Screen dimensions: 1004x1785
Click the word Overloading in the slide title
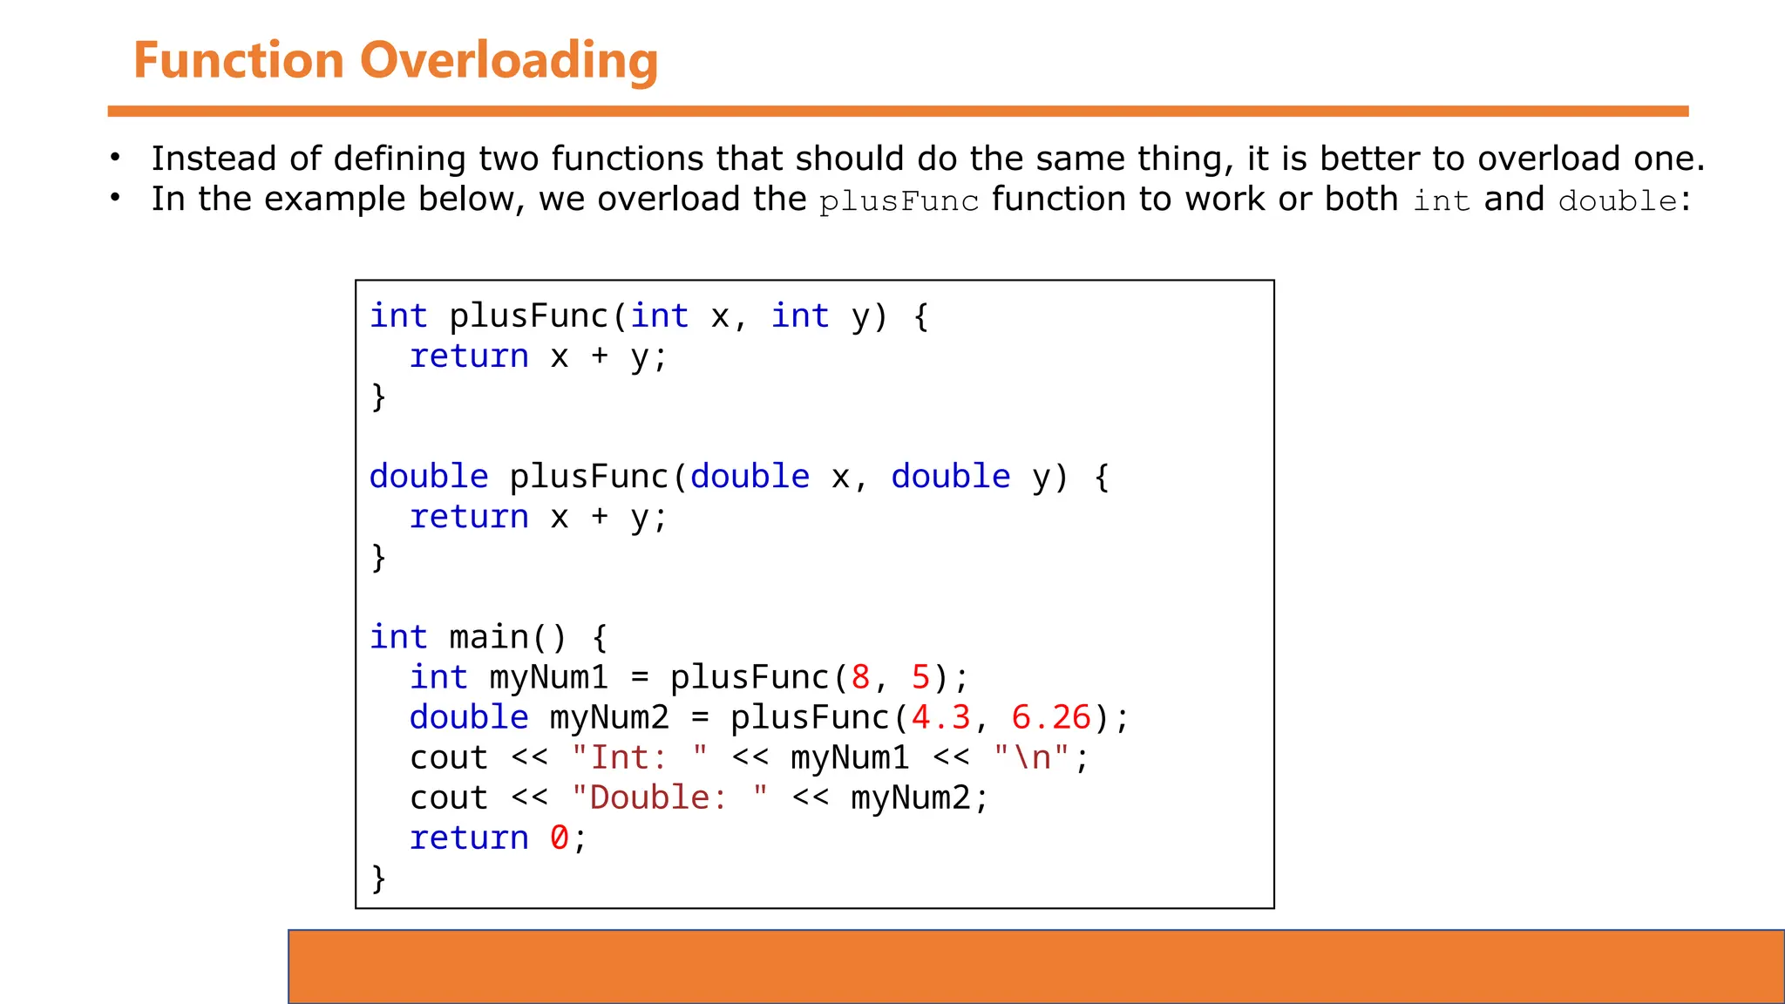[508, 61]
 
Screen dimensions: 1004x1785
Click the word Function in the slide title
[239, 61]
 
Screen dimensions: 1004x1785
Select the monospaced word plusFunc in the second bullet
[899, 201]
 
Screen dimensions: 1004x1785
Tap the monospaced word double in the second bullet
[1618, 201]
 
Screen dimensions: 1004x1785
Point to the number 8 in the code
[861, 677]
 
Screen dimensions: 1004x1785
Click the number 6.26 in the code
[1051, 717]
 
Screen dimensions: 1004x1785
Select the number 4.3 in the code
[940, 717]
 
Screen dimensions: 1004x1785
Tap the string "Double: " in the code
[669, 797]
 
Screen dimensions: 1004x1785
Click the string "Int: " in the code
[639, 757]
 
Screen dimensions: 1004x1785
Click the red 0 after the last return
[559, 838]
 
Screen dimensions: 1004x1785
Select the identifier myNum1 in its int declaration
[548, 677]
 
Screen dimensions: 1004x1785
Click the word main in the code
[489, 637]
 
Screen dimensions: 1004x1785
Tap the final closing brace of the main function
[378, 878]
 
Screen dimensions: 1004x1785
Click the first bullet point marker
[115, 159]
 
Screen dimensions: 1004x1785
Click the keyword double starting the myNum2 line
[469, 717]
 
